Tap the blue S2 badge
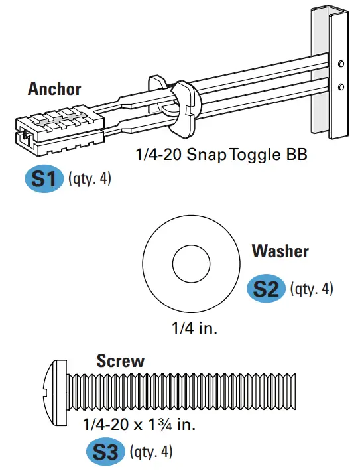point(266,289)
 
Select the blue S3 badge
point(105,452)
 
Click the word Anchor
point(54,89)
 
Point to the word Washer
point(280,251)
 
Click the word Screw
point(120,361)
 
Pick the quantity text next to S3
point(152,452)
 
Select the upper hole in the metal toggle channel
point(340,64)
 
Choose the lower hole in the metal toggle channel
point(340,87)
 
